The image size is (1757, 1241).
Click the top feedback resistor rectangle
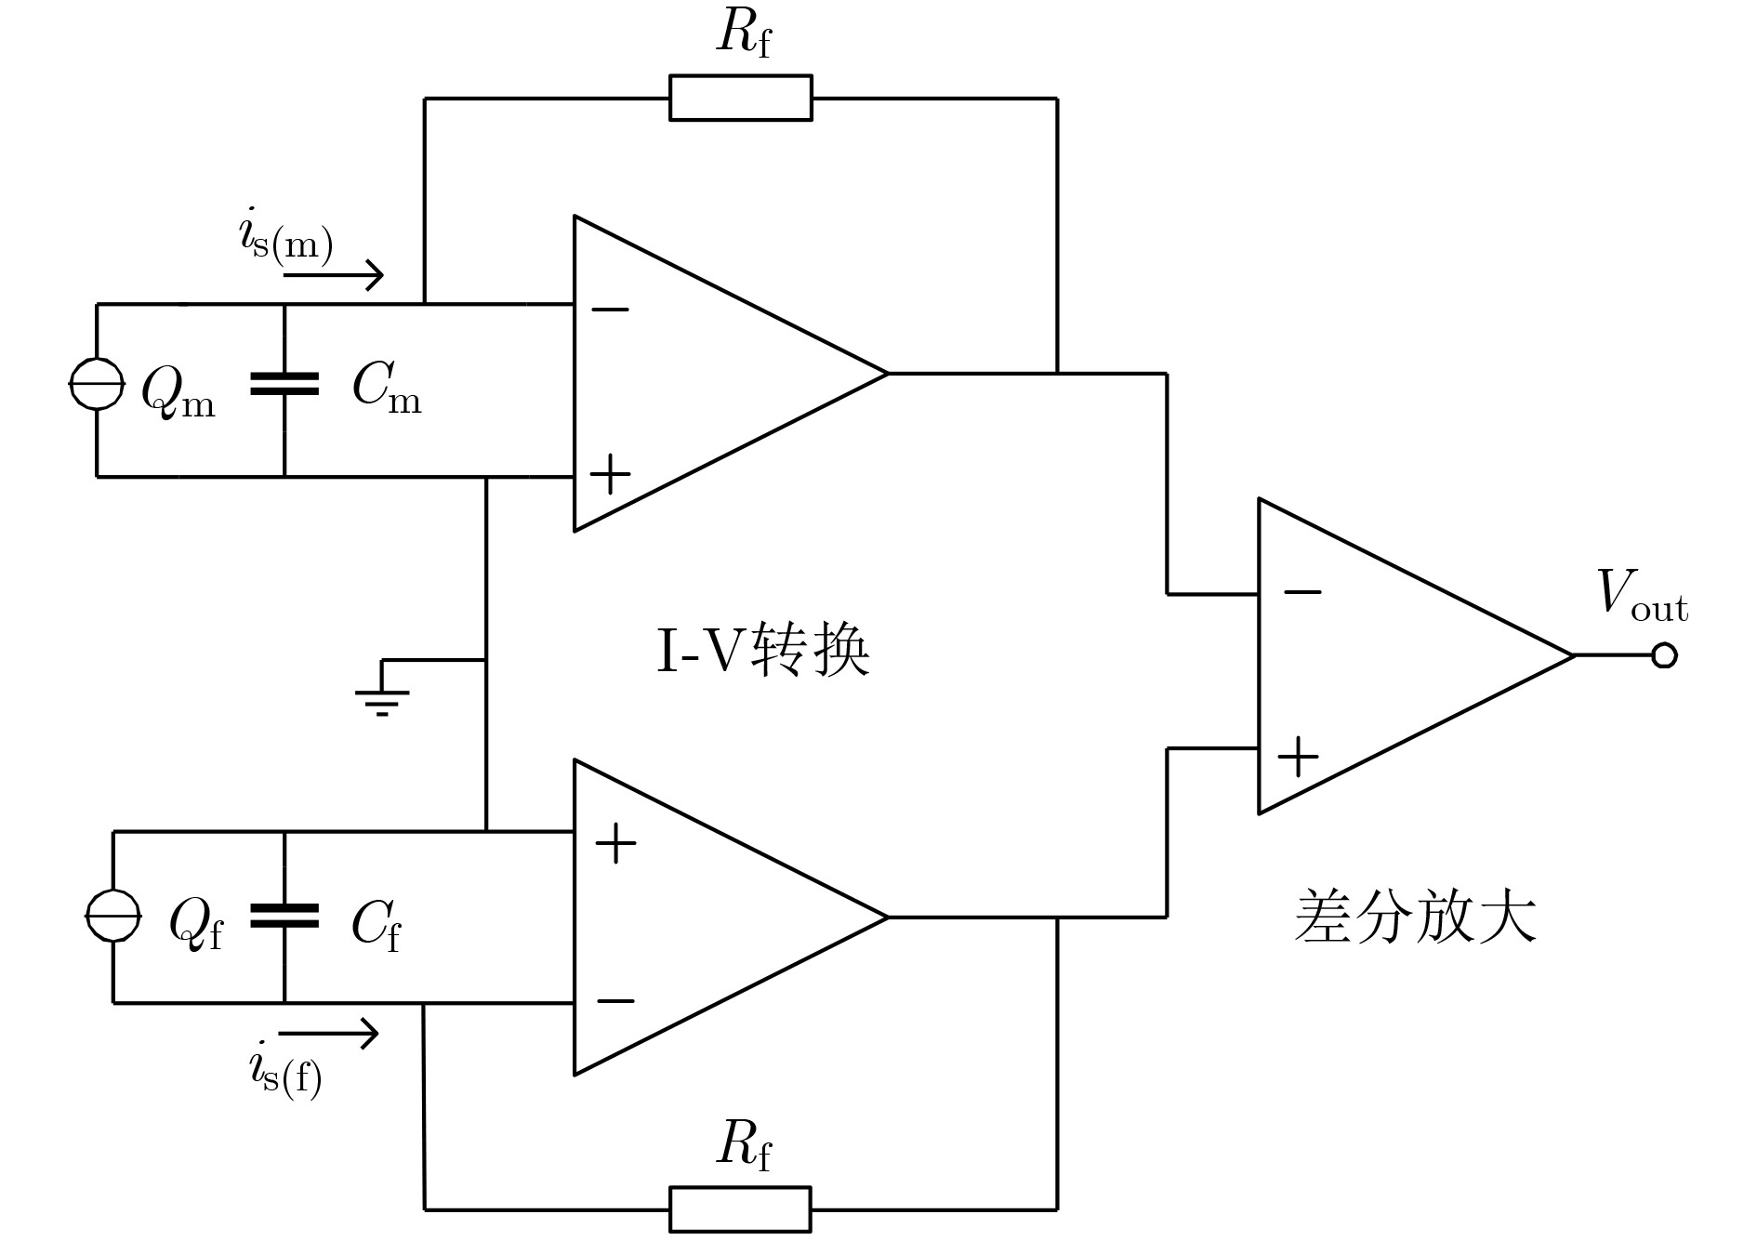740,98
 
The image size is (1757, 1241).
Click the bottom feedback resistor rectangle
740,1209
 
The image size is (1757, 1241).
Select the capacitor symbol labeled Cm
284,384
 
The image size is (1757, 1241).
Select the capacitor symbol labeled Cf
284,917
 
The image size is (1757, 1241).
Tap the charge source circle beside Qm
97,383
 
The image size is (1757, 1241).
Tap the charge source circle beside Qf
112,916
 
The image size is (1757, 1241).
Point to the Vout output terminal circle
1664,655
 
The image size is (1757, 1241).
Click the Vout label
1641,595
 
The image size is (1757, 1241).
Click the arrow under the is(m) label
334,275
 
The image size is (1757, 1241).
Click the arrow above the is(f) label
329,1033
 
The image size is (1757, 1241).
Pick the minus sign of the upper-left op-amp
610,309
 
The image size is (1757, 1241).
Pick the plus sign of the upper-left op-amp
610,474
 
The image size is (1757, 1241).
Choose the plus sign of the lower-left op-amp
615,844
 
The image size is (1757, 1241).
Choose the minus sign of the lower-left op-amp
615,1001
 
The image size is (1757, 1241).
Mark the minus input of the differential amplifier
1301,591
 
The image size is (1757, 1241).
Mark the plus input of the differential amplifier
1299,757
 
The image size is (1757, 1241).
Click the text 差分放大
1415,918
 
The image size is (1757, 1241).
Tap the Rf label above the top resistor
744,35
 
